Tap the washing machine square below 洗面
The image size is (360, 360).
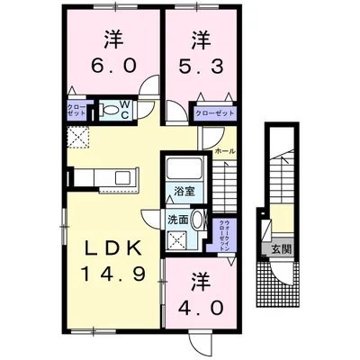(x=178, y=240)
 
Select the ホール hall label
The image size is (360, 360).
(x=225, y=152)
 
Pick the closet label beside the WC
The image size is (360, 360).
(x=77, y=112)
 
